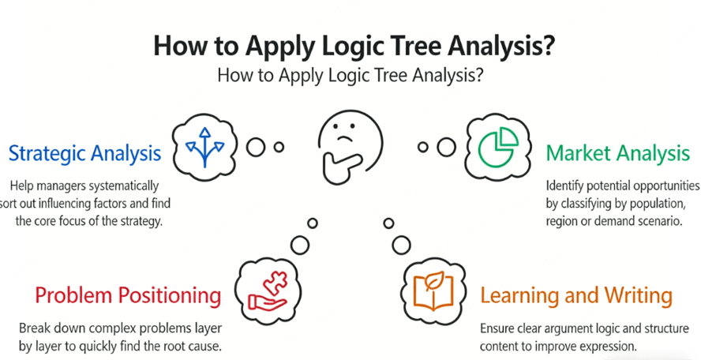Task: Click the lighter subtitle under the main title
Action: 350,75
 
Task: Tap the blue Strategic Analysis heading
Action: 85,153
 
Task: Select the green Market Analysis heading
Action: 618,153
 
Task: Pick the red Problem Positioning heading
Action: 128,295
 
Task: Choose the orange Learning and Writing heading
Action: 576,295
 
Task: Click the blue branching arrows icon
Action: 204,147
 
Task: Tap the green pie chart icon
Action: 498,147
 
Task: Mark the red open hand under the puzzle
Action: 268,302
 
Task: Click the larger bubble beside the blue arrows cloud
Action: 256,147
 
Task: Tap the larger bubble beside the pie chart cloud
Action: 446,147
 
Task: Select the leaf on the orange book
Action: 433,281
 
